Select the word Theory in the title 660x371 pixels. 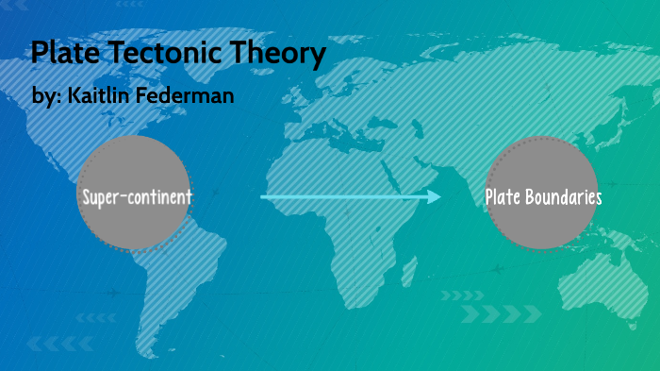[x=273, y=53]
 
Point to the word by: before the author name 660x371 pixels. [x=44, y=97]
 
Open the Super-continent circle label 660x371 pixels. [x=137, y=197]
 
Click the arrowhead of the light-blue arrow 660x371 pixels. [x=435, y=196]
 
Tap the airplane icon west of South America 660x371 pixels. [x=114, y=293]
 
